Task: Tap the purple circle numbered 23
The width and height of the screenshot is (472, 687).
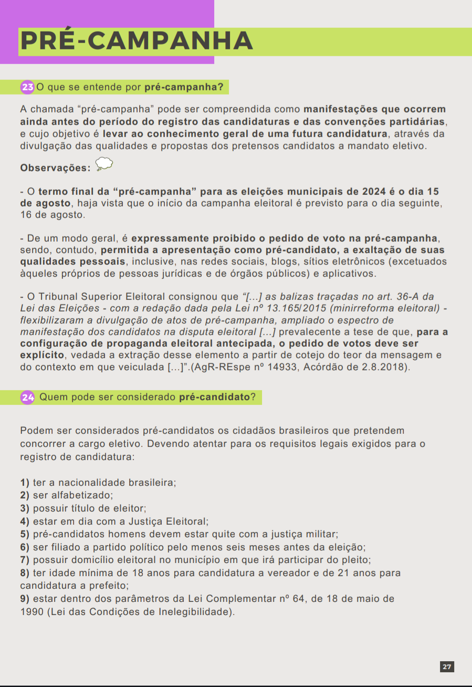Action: click(x=27, y=87)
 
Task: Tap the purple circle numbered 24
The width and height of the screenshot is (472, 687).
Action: click(x=27, y=398)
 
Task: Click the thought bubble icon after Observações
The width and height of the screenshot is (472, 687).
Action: click(x=104, y=165)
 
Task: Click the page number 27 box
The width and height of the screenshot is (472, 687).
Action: click(x=447, y=667)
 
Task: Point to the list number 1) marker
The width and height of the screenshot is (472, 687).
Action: click(x=25, y=482)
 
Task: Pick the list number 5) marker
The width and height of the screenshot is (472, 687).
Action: click(x=25, y=534)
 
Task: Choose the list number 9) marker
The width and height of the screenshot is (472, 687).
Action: click(x=25, y=599)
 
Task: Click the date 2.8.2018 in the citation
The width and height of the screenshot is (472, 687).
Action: click(x=387, y=367)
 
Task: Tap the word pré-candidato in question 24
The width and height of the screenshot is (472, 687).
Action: click(x=214, y=398)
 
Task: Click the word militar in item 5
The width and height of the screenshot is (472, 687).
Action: click(x=320, y=534)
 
